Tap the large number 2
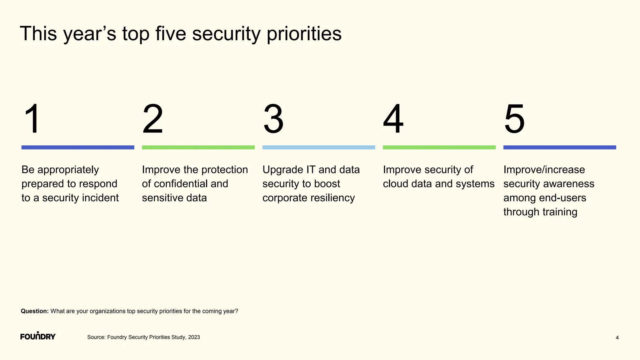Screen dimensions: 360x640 (x=152, y=119)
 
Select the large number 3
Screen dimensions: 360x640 (x=273, y=119)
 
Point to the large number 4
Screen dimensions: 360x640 (x=393, y=119)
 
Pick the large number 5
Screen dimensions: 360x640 (x=514, y=119)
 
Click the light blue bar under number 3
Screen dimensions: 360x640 (x=318, y=147)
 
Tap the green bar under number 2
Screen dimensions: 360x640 (x=198, y=147)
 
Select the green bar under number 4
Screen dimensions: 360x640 (x=439, y=147)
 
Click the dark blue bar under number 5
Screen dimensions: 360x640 (x=559, y=147)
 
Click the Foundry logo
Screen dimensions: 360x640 (x=38, y=336)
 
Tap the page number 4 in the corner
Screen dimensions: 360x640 (x=617, y=338)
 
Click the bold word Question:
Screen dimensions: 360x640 (x=35, y=311)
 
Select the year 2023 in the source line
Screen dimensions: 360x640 (x=194, y=337)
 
